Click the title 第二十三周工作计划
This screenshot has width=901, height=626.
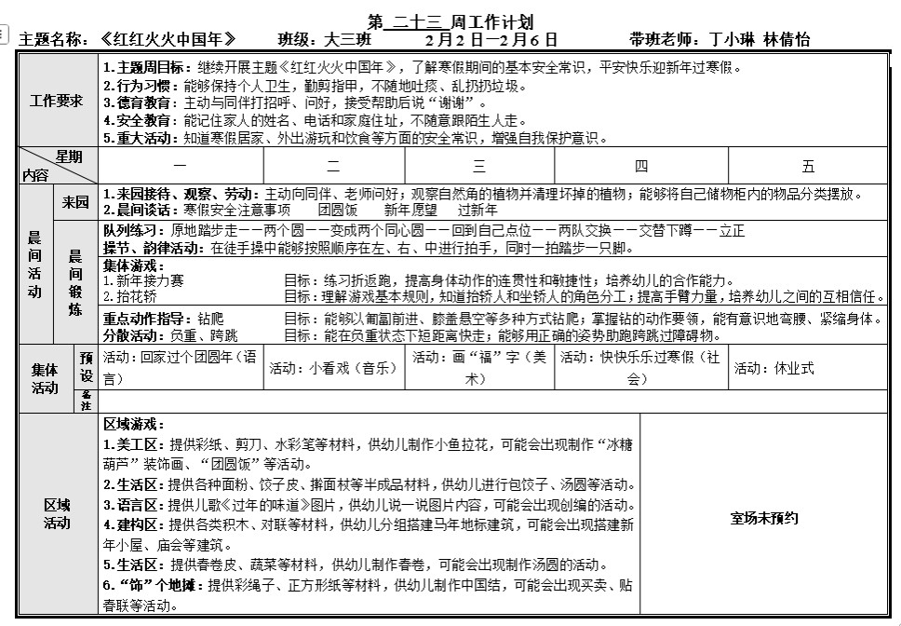pyautogui.click(x=450, y=21)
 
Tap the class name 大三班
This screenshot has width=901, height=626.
pyautogui.click(x=348, y=40)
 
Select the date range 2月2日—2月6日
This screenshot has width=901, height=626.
pyautogui.click(x=491, y=40)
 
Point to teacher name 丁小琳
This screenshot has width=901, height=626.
pyautogui.click(x=733, y=40)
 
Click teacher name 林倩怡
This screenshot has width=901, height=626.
pyautogui.click(x=787, y=40)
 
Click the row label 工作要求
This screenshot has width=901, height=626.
pyautogui.click(x=57, y=101)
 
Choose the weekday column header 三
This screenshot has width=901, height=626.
pyautogui.click(x=479, y=166)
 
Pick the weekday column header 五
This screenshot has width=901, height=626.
pyautogui.click(x=808, y=166)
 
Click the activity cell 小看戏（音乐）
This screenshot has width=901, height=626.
pyautogui.click(x=334, y=368)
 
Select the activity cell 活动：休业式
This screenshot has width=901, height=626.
pyautogui.click(x=774, y=368)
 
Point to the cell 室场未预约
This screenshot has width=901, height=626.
pyautogui.click(x=765, y=519)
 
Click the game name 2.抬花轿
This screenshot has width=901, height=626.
pyautogui.click(x=129, y=297)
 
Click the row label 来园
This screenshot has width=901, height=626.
pyautogui.click(x=76, y=202)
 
